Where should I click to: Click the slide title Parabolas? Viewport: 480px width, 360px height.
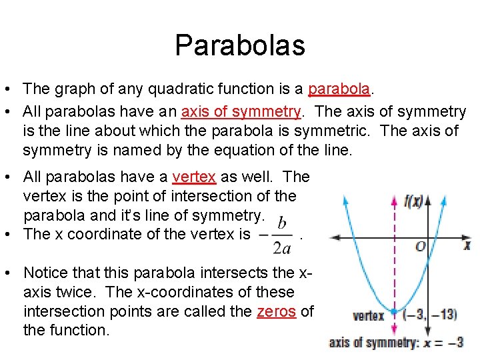pyautogui.click(x=240, y=45)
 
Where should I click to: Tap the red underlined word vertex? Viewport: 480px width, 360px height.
pyautogui.click(x=194, y=177)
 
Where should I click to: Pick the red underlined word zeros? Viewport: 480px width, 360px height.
pyautogui.click(x=276, y=311)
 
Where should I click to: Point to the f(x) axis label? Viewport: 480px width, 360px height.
pyautogui.click(x=414, y=201)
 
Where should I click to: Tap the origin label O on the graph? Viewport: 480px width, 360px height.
pyautogui.click(x=420, y=247)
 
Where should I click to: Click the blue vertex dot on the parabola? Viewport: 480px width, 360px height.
pyautogui.click(x=394, y=312)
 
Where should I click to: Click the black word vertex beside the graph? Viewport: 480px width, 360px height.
pyautogui.click(x=368, y=315)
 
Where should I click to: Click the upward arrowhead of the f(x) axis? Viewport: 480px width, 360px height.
pyautogui.click(x=427, y=198)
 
